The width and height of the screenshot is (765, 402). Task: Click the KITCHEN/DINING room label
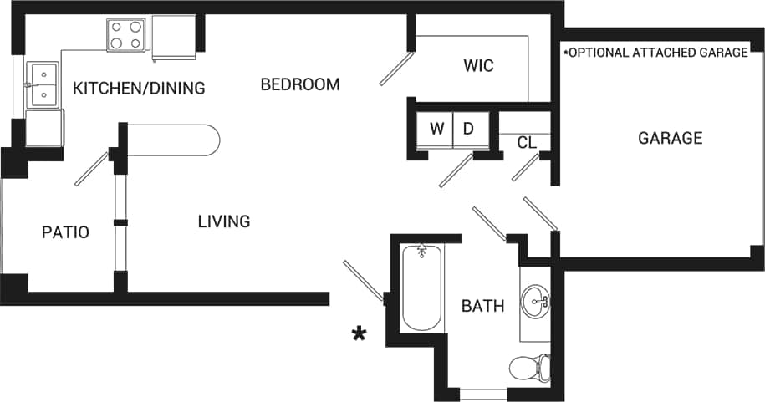[x=139, y=88]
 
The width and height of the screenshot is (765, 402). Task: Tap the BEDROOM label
[x=300, y=84]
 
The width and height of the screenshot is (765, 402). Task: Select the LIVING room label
[x=224, y=221]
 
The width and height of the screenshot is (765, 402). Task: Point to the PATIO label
[x=65, y=232]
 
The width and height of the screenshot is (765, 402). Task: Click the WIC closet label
[x=478, y=66]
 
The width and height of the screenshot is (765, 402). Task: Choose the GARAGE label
[x=670, y=138]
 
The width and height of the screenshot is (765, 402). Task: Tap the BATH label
[x=482, y=306]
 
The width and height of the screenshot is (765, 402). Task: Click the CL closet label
[x=526, y=143]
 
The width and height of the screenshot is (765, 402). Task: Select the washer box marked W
[x=436, y=130]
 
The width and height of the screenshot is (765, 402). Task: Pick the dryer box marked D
[x=468, y=130]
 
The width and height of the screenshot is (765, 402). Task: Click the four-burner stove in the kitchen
[x=126, y=34]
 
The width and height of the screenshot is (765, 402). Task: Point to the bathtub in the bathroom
[x=421, y=288]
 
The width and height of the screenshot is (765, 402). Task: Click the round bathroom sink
[x=535, y=300]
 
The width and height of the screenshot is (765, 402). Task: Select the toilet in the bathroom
[x=530, y=366]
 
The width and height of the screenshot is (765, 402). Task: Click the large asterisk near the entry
[x=359, y=335]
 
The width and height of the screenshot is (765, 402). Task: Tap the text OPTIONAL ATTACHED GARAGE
[x=655, y=53]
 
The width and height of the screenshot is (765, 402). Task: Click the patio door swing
[x=91, y=169]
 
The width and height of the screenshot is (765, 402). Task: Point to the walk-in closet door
[x=395, y=69]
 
